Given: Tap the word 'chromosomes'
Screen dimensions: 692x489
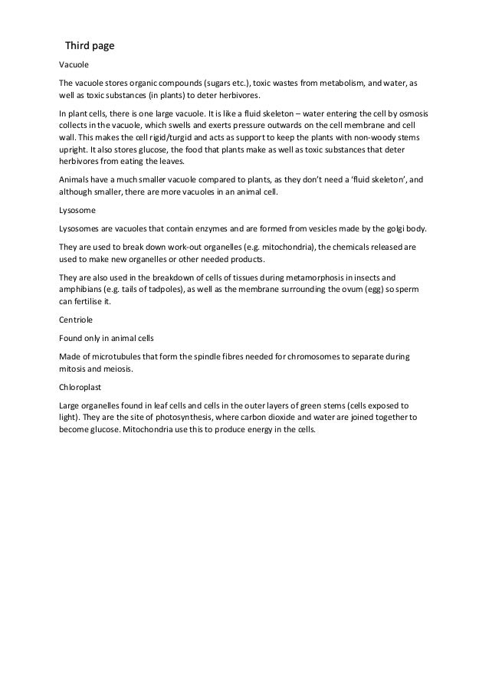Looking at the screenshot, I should (x=327, y=357).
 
